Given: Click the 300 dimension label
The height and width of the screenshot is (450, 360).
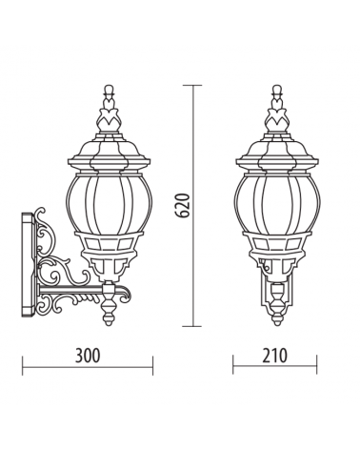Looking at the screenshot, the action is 88,356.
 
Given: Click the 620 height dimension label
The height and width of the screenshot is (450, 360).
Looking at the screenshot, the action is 183,205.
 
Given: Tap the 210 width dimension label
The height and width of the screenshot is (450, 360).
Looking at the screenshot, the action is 275,356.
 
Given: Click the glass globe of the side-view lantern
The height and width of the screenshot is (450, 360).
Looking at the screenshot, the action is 109,203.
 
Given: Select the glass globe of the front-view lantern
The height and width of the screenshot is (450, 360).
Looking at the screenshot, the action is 277,203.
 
